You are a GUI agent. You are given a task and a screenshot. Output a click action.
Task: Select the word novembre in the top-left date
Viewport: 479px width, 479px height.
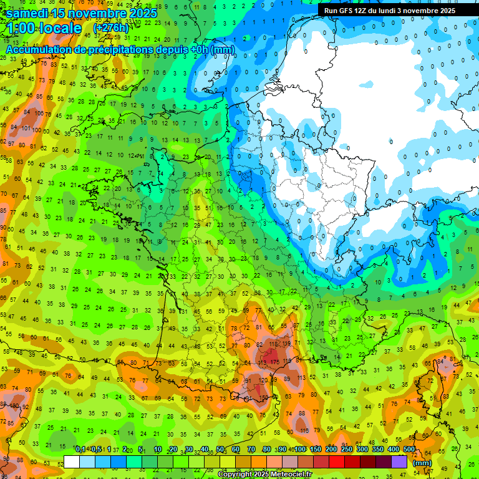pyautogui.click(x=100, y=13)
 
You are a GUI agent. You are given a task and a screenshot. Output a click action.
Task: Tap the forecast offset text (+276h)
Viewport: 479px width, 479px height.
pyautogui.click(x=111, y=28)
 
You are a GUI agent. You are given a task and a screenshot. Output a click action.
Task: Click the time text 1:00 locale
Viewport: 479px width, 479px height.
pyautogui.click(x=44, y=28)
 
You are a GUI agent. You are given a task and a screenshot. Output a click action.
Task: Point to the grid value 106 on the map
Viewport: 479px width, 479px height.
pyautogui.click(x=39, y=114)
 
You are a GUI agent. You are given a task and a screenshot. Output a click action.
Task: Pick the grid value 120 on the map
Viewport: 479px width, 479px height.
pyautogui.click(x=263, y=380)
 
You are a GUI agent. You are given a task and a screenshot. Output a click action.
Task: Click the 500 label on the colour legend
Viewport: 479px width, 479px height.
pyautogui.click(x=409, y=450)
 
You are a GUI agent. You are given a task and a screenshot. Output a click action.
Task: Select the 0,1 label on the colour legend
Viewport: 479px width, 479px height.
pyautogui.click(x=80, y=450)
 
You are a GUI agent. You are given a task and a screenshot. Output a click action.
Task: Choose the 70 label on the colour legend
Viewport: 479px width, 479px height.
pyautogui.click(x=251, y=450)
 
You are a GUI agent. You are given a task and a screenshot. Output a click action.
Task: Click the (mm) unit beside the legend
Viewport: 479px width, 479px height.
pyautogui.click(x=422, y=463)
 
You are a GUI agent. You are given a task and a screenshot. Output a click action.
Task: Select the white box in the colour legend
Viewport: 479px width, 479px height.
pyautogui.click(x=72, y=462)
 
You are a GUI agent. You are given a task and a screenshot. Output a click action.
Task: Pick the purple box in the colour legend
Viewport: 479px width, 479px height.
pyautogui.click(x=399, y=462)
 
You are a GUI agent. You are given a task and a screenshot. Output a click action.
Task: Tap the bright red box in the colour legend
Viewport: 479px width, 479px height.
pyautogui.click(x=337, y=462)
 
